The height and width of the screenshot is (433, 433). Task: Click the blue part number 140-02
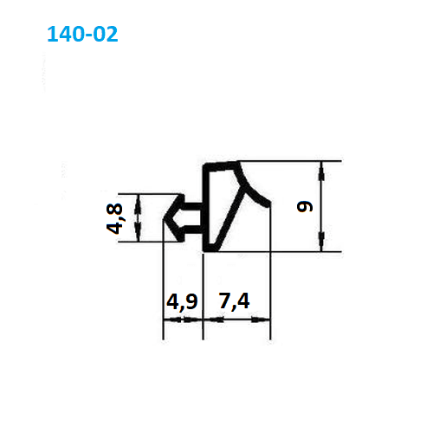pyautogui.click(x=82, y=34)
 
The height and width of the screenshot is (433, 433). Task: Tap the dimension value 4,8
pyautogui.click(x=114, y=218)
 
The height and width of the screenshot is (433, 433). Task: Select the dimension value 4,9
pyautogui.click(x=182, y=302)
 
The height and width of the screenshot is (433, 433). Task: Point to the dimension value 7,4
pyautogui.click(x=234, y=301)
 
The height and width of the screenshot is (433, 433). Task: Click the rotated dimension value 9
pyautogui.click(x=305, y=206)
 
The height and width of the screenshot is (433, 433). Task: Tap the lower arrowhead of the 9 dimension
pyautogui.click(x=321, y=242)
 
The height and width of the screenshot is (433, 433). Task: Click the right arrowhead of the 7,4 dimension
pyautogui.click(x=261, y=320)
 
